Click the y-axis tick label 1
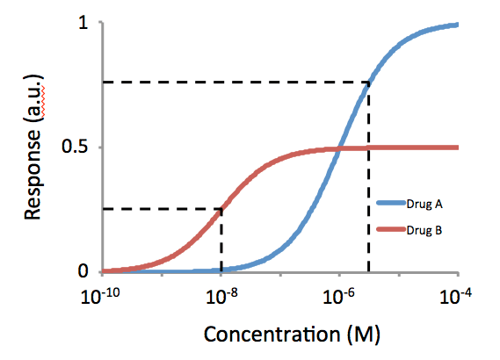84,24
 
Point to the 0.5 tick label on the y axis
76,148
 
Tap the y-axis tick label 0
84,271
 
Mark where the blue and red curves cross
340,148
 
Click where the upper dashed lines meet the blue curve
368,83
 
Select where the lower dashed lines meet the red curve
221,209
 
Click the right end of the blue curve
458,25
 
